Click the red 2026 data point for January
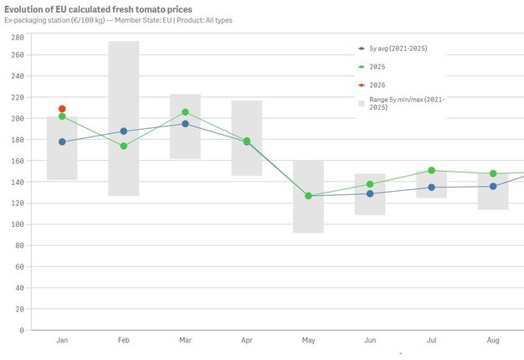62,109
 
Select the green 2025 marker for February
124,146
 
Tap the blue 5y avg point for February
124,131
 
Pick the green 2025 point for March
185,112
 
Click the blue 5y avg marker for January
62,141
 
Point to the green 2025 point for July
431,170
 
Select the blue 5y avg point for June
370,193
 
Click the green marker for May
308,196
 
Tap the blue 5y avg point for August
493,186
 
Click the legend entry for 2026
378,85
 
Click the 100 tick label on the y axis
16,224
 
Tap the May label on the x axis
308,341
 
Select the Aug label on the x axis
493,341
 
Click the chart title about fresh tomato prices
98,9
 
